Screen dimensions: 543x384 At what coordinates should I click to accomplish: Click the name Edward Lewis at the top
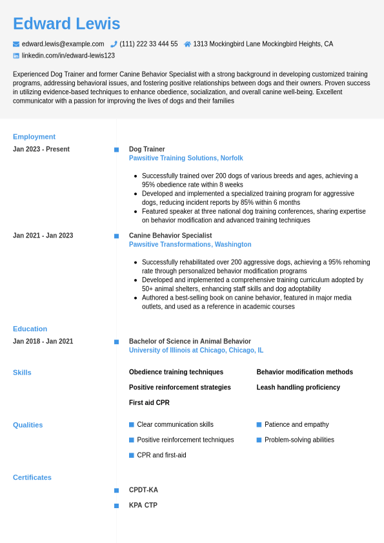click(x=66, y=24)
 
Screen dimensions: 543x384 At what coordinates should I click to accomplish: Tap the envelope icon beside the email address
click(x=16, y=44)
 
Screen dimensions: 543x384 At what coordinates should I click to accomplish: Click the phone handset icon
click(x=114, y=44)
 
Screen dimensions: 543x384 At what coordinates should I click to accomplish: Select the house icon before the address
click(x=187, y=44)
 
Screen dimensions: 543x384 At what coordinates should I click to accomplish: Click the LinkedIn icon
click(x=16, y=56)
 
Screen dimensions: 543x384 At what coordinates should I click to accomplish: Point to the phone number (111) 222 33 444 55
click(x=148, y=44)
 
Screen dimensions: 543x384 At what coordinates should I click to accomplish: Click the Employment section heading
click(x=34, y=137)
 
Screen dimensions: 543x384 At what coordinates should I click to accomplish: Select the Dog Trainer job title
click(x=147, y=149)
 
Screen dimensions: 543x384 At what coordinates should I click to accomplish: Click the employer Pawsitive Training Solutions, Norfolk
click(x=186, y=158)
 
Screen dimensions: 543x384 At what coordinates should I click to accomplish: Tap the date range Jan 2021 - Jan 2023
click(x=43, y=236)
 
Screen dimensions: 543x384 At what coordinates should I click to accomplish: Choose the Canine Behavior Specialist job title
click(x=170, y=236)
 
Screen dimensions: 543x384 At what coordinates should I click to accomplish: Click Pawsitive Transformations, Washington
click(x=190, y=245)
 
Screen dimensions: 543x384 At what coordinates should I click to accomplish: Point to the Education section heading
click(x=30, y=329)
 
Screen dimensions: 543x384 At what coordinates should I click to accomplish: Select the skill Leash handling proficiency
click(x=298, y=387)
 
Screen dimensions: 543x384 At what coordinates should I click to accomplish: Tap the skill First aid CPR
click(x=149, y=403)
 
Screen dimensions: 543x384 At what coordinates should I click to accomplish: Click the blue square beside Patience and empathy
click(x=259, y=425)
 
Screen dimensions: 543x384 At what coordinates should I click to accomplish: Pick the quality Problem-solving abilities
click(x=299, y=440)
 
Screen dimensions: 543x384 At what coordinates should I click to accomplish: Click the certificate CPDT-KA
click(x=143, y=490)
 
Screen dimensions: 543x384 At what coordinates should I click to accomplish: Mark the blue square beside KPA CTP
click(x=116, y=506)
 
